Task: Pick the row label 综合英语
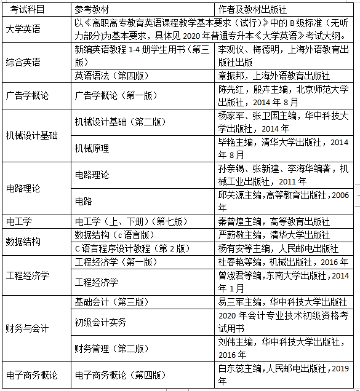pos(23,62)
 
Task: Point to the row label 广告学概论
pos(27,95)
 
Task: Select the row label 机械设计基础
pos(31,135)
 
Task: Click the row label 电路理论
pos(23,188)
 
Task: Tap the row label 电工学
pos(19,221)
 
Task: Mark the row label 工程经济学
pos(27,275)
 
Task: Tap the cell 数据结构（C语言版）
pos(112,234)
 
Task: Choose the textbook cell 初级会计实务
pos(100,322)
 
